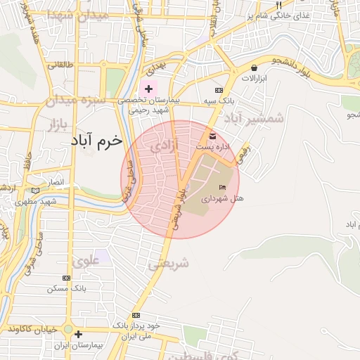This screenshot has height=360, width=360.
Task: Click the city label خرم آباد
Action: pos(96,141)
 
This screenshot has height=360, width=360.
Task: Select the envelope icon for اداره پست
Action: pos(213,135)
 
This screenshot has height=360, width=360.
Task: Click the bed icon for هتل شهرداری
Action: pos(223,187)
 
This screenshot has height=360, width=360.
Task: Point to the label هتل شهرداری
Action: pos(222,199)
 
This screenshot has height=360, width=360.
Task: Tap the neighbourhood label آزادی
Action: pos(165,146)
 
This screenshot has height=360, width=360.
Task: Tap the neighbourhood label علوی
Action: pos(86,262)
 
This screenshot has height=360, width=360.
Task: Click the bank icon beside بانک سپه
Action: pos(219,91)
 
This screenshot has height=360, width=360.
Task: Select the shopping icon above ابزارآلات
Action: pos(253,67)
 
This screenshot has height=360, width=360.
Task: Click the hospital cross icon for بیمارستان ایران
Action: pos(78,335)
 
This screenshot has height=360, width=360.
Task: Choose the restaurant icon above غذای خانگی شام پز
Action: pos(278,4)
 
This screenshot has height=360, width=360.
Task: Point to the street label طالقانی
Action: pos(60,65)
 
